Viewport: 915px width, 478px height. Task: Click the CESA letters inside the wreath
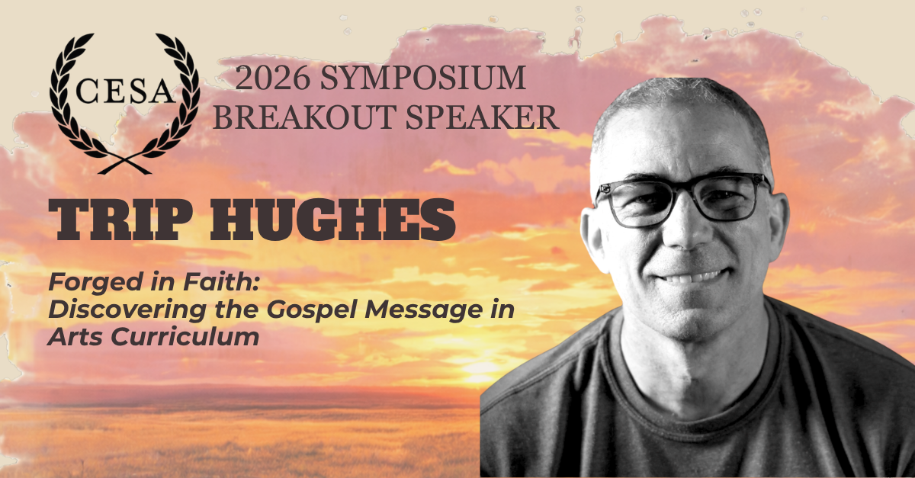coord(125,91)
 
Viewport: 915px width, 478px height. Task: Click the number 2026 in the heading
coord(272,78)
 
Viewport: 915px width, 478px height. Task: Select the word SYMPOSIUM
coord(422,78)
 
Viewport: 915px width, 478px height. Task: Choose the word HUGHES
coord(332,220)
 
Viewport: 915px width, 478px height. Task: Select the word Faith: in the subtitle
coord(221,282)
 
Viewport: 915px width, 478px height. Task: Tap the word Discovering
coord(127,310)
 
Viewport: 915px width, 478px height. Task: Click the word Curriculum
coord(185,338)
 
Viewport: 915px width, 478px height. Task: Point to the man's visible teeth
coord(690,278)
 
